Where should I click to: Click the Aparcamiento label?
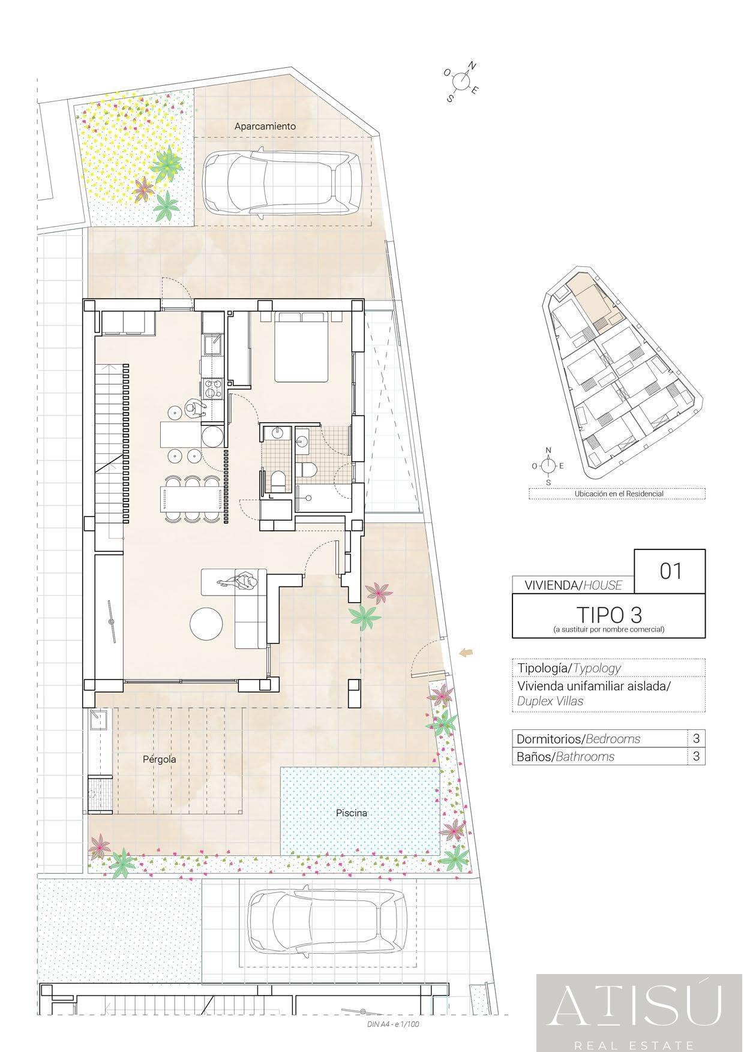[265, 126]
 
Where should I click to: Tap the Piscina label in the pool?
[352, 813]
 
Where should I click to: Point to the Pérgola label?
[160, 759]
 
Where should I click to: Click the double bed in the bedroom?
[302, 347]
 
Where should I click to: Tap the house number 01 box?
[670, 571]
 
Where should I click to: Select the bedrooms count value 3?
[696, 738]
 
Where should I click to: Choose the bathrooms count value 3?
[696, 756]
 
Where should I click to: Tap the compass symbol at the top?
[461, 81]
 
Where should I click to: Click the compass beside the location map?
[548, 465]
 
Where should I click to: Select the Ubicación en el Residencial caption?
[619, 494]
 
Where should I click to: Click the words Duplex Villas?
[550, 701]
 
